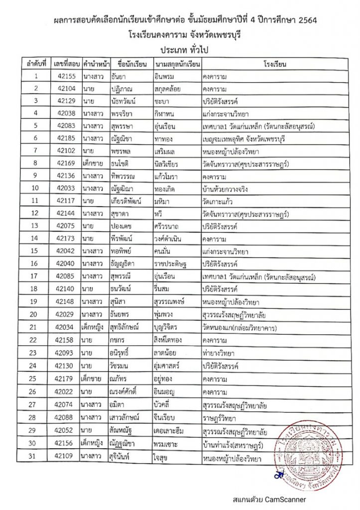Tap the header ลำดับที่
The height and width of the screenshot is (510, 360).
[x=36, y=64]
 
